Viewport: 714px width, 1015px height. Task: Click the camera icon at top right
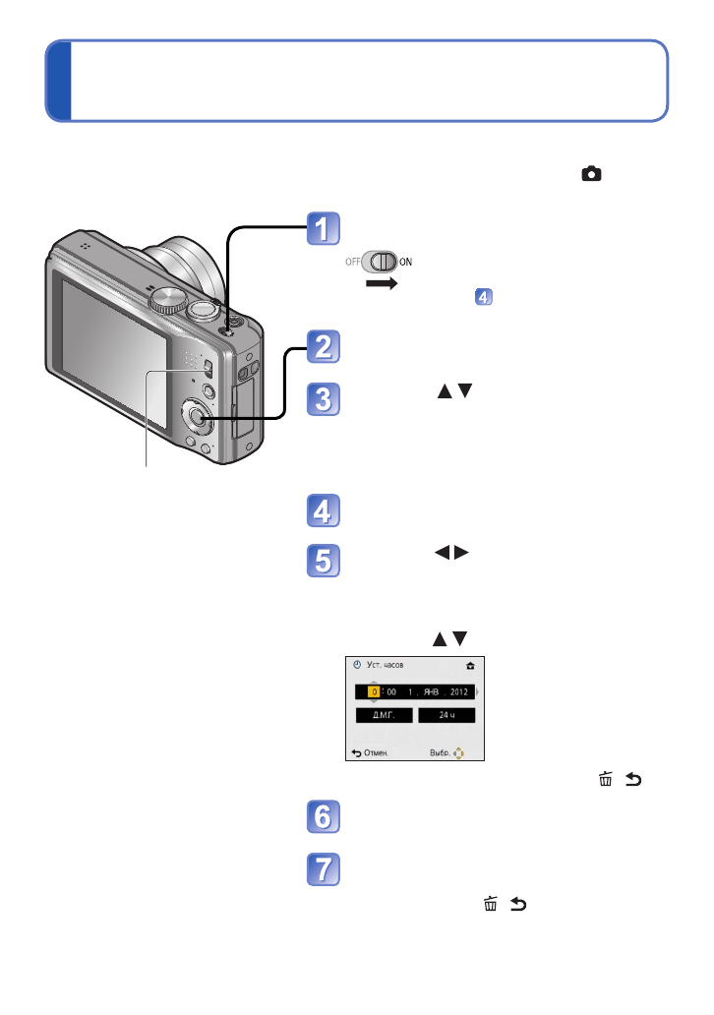click(591, 174)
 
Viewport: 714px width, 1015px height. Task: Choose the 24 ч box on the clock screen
click(446, 715)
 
